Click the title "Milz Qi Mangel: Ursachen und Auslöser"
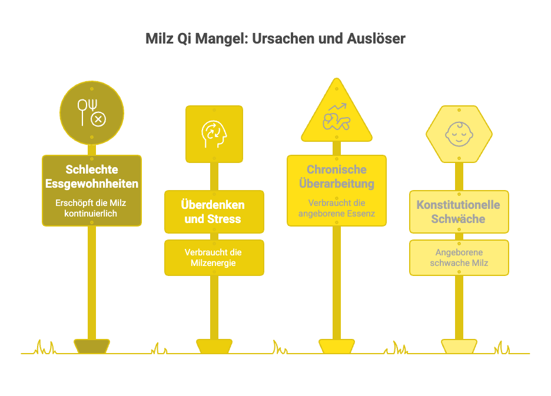275,39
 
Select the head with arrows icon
214,134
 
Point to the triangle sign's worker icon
336,117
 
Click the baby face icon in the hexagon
459,134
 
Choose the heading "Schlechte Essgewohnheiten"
92,177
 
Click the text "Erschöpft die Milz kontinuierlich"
92,208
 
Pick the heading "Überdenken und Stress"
214,212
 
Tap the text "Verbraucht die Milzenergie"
214,258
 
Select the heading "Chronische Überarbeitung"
336,177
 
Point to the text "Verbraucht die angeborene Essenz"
336,208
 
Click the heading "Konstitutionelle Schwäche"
459,212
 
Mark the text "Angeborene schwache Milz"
459,258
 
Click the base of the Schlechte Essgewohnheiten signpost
92,346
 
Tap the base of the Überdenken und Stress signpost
214,346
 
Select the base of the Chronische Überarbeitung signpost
336,346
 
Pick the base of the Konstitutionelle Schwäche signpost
459,346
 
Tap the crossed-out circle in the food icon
98,119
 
